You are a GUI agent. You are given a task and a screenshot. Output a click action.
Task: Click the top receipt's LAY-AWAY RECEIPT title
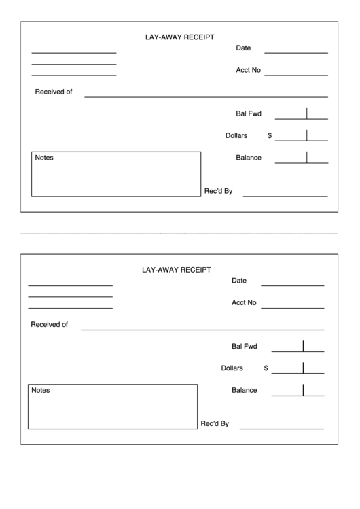(x=180, y=37)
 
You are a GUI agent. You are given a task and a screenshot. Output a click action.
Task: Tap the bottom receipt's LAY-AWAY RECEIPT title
(x=176, y=270)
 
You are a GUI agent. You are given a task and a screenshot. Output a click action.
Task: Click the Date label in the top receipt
(x=243, y=48)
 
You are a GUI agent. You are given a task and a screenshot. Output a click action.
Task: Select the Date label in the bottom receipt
(x=239, y=281)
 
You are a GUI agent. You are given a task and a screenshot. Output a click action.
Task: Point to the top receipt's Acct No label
(x=248, y=70)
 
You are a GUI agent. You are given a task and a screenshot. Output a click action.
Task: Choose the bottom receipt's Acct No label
(x=244, y=303)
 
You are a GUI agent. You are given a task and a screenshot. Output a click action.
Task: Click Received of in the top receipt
(x=54, y=92)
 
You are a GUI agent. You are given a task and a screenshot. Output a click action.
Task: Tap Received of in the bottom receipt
(x=50, y=325)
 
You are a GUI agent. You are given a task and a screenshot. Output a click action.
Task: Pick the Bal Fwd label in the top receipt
(x=249, y=113)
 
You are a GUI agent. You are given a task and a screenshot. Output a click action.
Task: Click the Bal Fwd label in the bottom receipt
(x=245, y=347)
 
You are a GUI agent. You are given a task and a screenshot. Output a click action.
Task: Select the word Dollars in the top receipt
(x=236, y=135)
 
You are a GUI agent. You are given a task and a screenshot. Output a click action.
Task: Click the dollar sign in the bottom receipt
(x=266, y=368)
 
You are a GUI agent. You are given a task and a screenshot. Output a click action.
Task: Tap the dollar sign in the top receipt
(x=270, y=135)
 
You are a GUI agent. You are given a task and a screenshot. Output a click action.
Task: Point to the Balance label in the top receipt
(x=249, y=158)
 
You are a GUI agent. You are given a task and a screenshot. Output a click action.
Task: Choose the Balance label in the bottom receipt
(x=245, y=390)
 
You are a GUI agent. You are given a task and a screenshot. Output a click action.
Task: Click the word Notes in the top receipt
(x=44, y=158)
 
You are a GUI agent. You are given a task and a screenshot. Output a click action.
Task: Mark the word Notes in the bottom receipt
(x=41, y=390)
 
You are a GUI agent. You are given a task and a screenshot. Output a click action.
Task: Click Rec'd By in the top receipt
(x=219, y=191)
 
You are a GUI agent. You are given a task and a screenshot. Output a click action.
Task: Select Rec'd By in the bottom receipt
(x=215, y=424)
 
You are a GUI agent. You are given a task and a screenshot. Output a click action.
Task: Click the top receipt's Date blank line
(x=295, y=52)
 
